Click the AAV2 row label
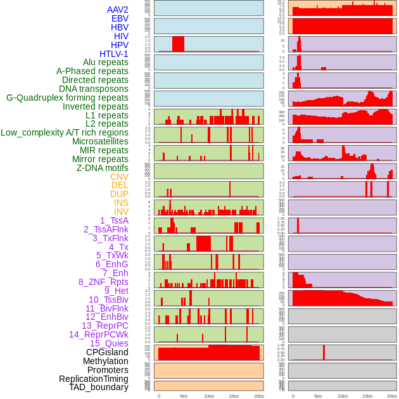point(118,10)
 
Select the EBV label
point(120,19)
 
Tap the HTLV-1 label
point(114,54)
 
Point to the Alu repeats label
point(106,62)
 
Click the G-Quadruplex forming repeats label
point(67,98)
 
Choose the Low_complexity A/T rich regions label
point(65,132)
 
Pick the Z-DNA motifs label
point(103,168)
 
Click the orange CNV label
point(119,177)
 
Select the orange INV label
point(121,212)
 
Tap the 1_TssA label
point(114,220)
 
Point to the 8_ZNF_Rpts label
point(103,282)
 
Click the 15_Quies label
point(109,343)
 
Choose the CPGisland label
point(107,352)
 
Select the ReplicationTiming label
point(94,379)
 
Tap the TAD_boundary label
point(99,387)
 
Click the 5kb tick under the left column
point(184,396)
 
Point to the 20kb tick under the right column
point(393,396)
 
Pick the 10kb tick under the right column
point(343,396)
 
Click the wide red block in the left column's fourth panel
point(179,44)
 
